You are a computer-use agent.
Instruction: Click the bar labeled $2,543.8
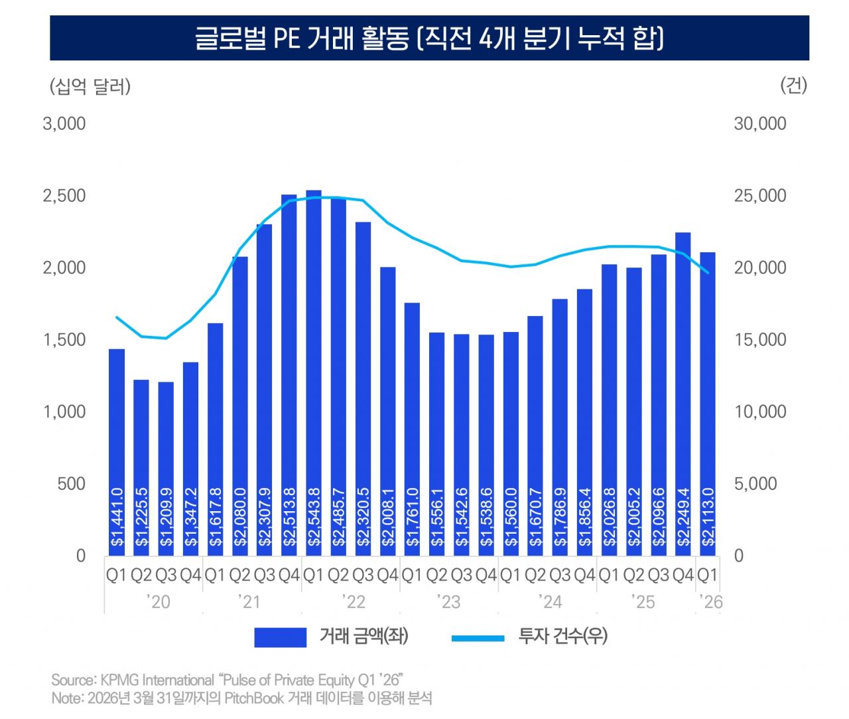(x=314, y=372)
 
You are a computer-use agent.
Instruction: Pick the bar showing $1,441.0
(x=117, y=451)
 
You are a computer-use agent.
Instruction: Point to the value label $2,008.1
(x=388, y=518)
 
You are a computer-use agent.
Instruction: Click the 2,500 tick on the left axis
(x=64, y=196)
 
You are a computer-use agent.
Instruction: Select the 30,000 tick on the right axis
(x=759, y=123)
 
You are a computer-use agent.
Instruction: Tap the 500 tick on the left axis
(x=71, y=484)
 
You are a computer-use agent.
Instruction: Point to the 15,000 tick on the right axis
(x=759, y=340)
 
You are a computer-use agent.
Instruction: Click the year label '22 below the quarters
(x=354, y=602)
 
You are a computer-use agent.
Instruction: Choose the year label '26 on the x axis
(x=711, y=602)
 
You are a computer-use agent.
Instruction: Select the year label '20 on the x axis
(x=159, y=602)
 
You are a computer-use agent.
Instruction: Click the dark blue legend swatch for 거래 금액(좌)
(x=280, y=637)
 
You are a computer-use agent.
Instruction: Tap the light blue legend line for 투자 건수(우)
(x=478, y=638)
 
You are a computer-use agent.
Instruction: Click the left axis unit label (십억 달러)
(x=90, y=86)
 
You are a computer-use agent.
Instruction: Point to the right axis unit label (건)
(x=793, y=85)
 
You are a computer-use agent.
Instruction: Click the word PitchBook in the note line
(x=254, y=698)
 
